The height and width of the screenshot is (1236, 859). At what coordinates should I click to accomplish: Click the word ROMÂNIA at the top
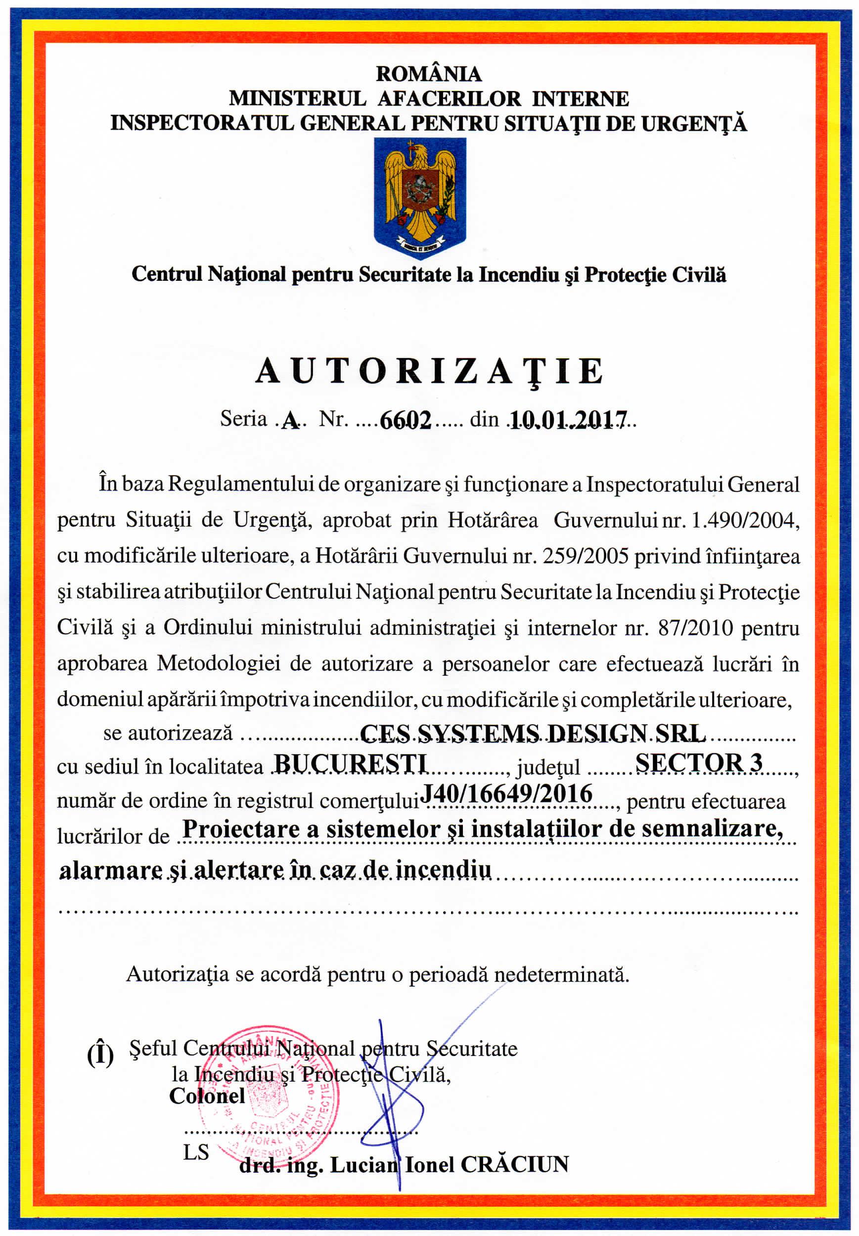pos(428,74)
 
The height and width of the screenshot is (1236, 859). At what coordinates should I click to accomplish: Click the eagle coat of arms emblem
pos(420,196)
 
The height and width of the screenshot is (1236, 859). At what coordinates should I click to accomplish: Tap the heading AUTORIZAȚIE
pos(429,371)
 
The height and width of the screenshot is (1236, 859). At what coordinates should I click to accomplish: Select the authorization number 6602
pos(406,420)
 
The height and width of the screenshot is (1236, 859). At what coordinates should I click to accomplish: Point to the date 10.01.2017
pos(568,420)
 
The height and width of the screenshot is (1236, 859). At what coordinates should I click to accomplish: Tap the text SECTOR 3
pos(699,763)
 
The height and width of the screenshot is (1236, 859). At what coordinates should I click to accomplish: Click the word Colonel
pos(207,1097)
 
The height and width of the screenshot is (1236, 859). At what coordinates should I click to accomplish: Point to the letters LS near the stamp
pos(196,1153)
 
